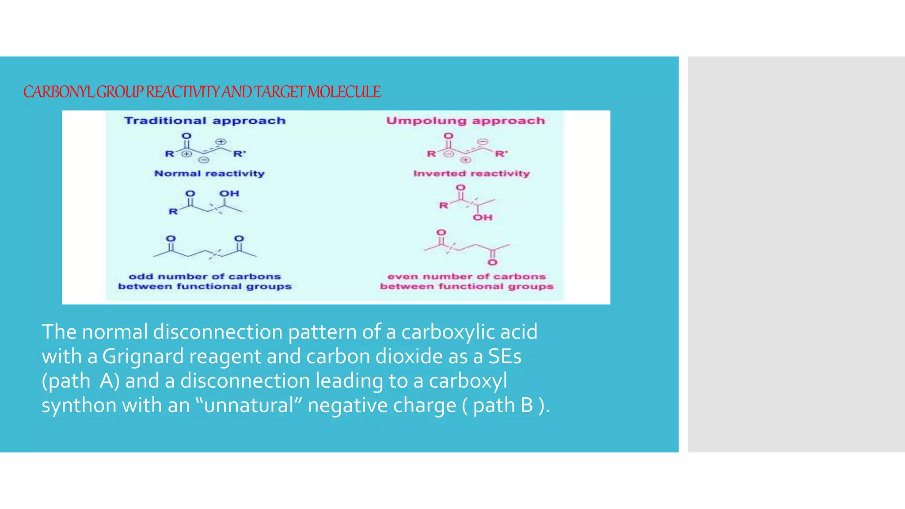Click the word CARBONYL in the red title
click(59, 92)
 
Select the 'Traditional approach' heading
click(205, 121)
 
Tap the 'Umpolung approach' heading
click(466, 121)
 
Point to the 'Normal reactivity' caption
click(209, 173)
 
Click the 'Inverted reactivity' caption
click(472, 173)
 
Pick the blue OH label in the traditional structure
click(229, 194)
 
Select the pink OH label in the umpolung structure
click(483, 217)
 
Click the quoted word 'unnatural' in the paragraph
click(249, 405)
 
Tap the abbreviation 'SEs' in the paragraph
click(505, 356)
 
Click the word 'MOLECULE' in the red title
click(344, 92)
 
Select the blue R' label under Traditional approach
click(240, 154)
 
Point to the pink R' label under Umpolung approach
click(501, 154)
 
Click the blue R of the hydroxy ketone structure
click(173, 211)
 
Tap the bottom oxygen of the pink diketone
click(492, 262)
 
